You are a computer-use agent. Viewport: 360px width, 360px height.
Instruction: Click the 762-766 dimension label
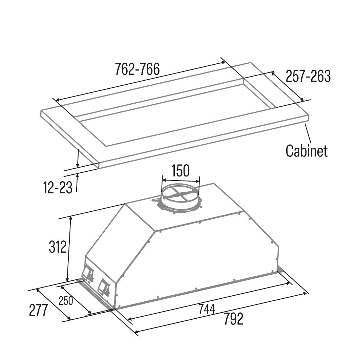[137, 69]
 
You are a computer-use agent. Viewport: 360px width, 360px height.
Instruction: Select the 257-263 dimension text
[308, 76]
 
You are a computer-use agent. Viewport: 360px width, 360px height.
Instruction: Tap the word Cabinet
[306, 151]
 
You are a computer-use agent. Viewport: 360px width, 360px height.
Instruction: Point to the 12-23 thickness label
[58, 187]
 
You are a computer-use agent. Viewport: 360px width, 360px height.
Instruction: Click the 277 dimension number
[38, 310]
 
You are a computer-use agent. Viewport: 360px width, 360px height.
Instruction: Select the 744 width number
[207, 309]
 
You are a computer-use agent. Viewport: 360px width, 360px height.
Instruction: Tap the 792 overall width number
[233, 319]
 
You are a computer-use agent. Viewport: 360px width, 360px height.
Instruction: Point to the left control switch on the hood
[88, 274]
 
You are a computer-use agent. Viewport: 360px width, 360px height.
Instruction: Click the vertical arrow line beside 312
[69, 249]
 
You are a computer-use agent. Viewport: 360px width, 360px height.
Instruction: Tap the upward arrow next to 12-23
[77, 183]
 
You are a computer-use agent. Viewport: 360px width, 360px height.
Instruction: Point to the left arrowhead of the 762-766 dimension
[58, 100]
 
